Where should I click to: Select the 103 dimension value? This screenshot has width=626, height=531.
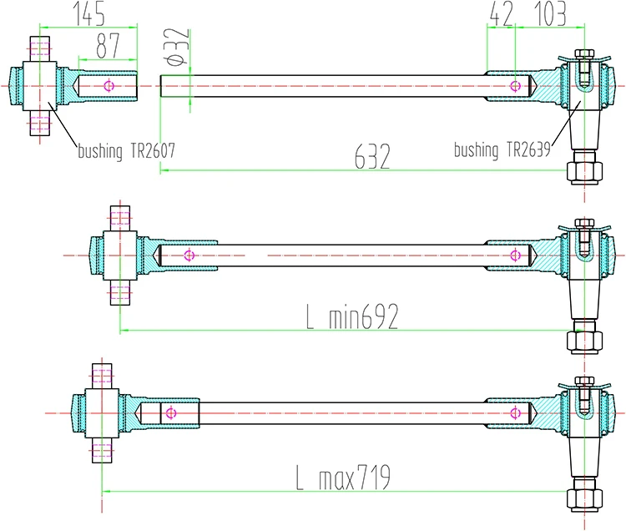click(x=543, y=14)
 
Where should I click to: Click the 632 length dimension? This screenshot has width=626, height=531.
click(x=373, y=157)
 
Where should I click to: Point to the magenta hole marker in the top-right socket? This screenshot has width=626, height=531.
click(x=517, y=85)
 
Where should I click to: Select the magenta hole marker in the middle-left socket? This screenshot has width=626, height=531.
click(x=189, y=255)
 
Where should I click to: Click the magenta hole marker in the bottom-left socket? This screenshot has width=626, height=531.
click(x=169, y=412)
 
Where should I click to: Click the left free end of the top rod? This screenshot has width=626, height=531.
click(x=162, y=85)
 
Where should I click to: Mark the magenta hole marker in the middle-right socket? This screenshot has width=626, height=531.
click(x=517, y=255)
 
